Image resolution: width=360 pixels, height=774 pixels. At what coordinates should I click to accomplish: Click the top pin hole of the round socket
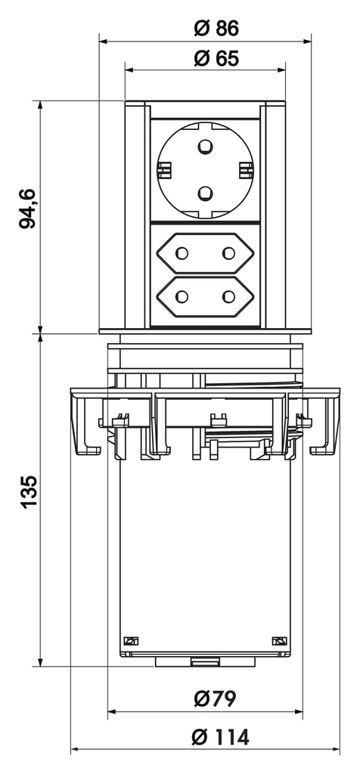pos(205,144)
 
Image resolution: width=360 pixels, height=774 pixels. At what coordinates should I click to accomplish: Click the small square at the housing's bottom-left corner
pos(129,640)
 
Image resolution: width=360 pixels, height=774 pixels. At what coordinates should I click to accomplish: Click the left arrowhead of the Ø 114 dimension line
pos(75,751)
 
